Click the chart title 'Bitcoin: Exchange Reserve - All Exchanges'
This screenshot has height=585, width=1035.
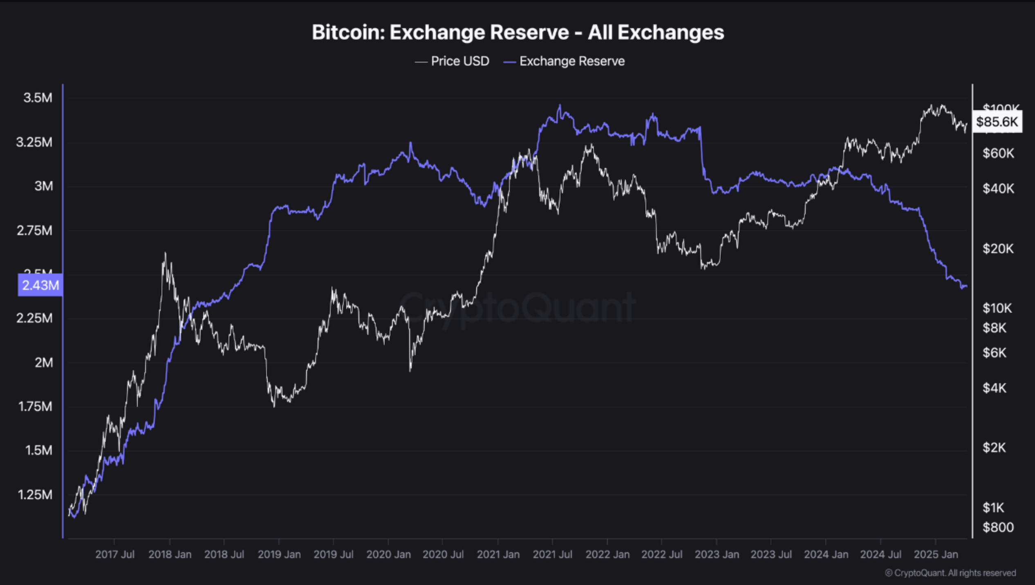[517, 32]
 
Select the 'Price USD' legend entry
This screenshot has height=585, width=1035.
[452, 61]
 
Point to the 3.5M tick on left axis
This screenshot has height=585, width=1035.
[38, 98]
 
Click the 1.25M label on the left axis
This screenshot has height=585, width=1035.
[35, 495]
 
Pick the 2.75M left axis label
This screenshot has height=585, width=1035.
[35, 231]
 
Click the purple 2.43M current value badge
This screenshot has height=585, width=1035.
[40, 285]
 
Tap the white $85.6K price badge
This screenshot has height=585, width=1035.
[997, 121]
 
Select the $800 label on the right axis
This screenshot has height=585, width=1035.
[998, 527]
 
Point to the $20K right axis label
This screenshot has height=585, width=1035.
[998, 249]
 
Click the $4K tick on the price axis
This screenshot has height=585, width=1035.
[994, 388]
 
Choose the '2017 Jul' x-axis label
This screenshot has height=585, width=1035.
[114, 554]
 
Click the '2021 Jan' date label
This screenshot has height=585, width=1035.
[498, 554]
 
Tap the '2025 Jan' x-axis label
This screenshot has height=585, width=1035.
[936, 554]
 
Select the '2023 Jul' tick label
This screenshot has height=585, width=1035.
[771, 554]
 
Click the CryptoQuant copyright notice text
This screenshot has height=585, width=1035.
[950, 573]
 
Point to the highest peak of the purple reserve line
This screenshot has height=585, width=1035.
[560, 105]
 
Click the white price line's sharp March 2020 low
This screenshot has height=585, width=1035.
[410, 370]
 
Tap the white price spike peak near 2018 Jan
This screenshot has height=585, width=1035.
[165, 253]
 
